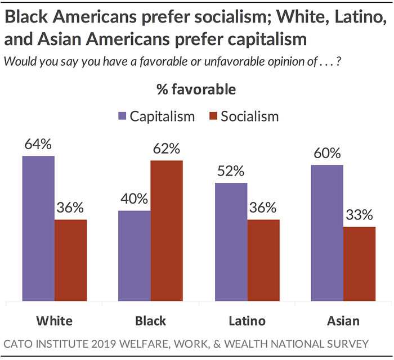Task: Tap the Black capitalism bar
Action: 135,255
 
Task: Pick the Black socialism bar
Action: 167,231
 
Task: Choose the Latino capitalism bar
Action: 231,242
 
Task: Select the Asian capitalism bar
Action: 327,233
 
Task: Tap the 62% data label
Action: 167,149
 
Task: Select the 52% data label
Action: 231,171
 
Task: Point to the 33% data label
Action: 359,215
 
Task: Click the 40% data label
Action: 135,199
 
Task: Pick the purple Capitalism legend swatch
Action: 122,116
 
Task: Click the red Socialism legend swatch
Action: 213,116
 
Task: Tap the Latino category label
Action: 247,321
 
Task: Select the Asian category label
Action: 343,321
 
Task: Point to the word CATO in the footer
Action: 20,343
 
